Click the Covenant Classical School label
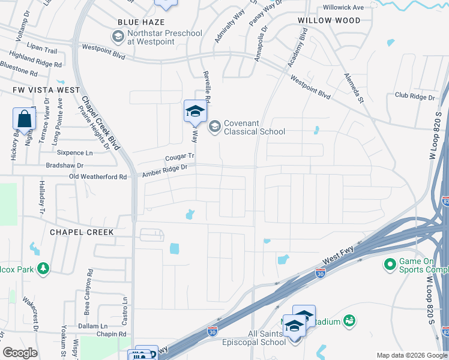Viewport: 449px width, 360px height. click(x=254, y=127)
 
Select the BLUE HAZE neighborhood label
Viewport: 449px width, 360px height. click(x=140, y=22)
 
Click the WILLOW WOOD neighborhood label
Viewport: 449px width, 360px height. click(x=330, y=20)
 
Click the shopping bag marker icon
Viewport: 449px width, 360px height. click(x=24, y=119)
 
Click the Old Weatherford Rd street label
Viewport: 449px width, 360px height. click(x=98, y=177)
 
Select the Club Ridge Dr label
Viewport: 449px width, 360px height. click(x=414, y=97)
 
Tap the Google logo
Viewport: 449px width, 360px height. click(x=20, y=353)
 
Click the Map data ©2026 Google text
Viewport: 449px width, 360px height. click(x=412, y=355)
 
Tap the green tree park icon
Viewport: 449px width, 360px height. click(x=43, y=268)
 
